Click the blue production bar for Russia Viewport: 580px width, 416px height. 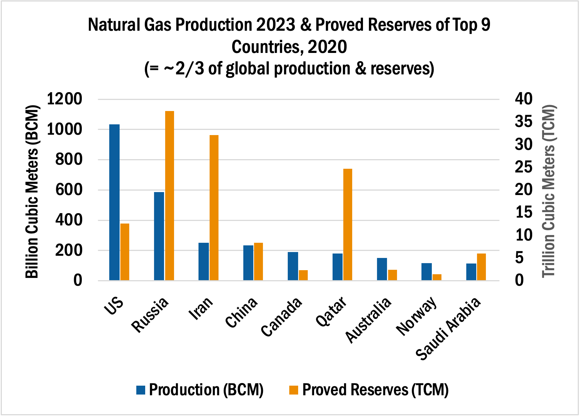point(159,236)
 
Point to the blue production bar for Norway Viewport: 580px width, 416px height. point(427,272)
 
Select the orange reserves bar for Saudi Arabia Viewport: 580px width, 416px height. point(481,266)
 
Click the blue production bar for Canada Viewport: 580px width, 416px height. point(293,266)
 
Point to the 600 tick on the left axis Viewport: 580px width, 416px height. point(69,190)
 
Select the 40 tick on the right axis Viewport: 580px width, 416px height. point(523,99)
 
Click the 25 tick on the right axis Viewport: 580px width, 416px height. point(523,167)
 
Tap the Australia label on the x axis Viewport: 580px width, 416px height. point(369,320)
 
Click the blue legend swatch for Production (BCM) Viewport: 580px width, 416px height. point(141,390)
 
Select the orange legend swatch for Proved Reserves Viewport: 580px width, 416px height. point(294,390)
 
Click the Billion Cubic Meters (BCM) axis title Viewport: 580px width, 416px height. point(32,192)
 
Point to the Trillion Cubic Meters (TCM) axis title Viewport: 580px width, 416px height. point(549,191)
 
